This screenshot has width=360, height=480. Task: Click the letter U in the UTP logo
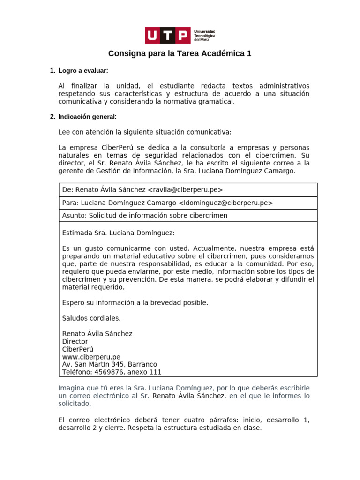point(153,35)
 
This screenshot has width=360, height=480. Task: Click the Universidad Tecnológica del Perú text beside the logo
point(204,35)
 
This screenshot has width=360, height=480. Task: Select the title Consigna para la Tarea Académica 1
point(180,54)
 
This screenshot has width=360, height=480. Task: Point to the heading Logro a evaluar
point(83,71)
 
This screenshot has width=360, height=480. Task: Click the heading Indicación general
point(87,117)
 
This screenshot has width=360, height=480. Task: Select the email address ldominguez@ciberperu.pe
point(225,202)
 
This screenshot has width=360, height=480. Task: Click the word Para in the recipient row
point(70,202)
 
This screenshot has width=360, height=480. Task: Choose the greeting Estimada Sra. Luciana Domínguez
point(118,233)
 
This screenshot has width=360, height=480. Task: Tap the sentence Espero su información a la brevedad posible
point(135,303)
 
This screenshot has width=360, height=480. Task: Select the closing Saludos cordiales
point(91,318)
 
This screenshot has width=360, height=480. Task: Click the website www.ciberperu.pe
point(91,357)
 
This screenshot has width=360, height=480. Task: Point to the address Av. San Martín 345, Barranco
point(110,364)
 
